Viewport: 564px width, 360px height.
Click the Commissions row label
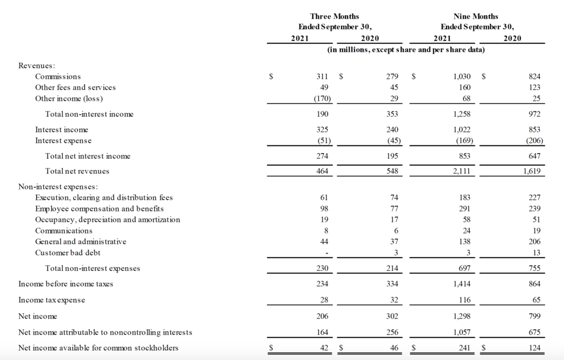[x=58, y=77]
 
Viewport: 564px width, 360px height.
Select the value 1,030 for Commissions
[x=461, y=77]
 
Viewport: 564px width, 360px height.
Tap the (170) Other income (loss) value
[x=319, y=99]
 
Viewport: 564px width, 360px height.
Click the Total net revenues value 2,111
[x=461, y=171]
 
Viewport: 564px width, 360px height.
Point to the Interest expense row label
[x=63, y=140]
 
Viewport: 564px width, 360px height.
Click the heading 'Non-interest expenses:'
[x=58, y=187]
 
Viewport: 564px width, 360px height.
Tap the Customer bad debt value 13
[x=536, y=253]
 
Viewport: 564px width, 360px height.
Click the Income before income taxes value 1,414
[x=461, y=284]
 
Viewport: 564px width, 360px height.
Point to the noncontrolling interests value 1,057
[x=461, y=332]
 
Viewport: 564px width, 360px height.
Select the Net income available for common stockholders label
[x=98, y=348]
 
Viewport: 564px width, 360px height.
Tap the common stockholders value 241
[x=464, y=348]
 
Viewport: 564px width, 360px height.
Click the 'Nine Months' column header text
[x=476, y=17]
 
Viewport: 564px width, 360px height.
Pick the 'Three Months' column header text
[x=334, y=17]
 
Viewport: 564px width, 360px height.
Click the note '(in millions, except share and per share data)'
[x=406, y=50]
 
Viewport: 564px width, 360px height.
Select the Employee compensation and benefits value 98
[x=324, y=209]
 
